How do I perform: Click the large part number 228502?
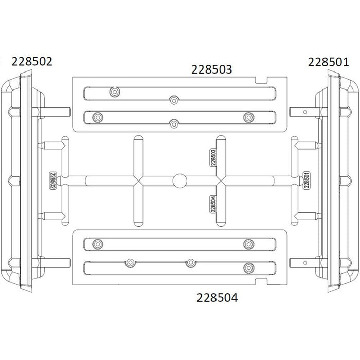point(32,62)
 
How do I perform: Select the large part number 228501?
point(328,62)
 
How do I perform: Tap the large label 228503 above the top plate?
point(212,69)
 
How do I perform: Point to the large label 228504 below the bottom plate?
point(217,298)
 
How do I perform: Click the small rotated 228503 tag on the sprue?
point(213,157)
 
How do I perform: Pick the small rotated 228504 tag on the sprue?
point(213,204)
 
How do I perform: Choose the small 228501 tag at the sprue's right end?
point(307,180)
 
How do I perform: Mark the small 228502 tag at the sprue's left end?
point(53,181)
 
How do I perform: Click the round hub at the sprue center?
point(180,181)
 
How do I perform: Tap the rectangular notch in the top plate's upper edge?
point(261,80)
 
